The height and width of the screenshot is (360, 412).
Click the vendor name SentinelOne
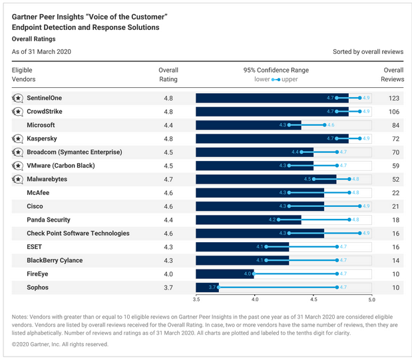44,98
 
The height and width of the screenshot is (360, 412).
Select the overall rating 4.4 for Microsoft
168,125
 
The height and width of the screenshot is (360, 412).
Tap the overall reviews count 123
393,98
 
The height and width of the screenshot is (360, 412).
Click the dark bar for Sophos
207,287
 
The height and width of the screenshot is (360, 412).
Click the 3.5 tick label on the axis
196,300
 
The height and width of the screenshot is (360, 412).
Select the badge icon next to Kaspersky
17,139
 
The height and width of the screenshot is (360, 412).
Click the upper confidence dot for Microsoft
324,125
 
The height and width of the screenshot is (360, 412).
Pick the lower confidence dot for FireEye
254,273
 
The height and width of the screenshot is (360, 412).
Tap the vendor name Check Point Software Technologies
78,234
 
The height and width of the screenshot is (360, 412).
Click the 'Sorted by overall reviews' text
368,51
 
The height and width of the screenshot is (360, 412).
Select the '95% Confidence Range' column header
276,70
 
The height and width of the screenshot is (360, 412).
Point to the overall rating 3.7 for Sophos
168,287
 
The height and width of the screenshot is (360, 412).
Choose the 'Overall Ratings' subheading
35,39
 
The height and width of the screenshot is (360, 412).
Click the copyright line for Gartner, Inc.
60,344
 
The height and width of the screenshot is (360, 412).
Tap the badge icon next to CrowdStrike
17,112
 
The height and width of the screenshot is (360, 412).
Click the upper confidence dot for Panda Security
348,220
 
